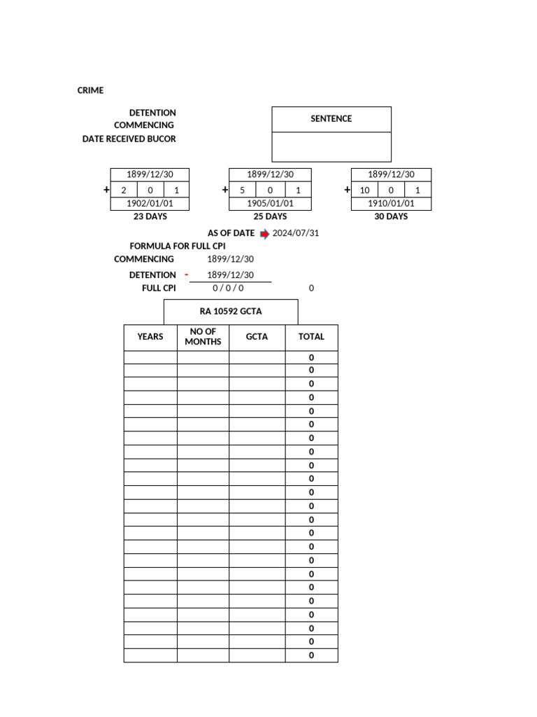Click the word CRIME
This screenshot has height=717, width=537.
coord(90,90)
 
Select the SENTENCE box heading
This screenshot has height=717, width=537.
coord(331,119)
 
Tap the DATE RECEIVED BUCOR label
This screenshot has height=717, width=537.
coord(129,139)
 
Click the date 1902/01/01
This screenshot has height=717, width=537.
coord(150,204)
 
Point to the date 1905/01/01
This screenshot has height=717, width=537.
coord(270,204)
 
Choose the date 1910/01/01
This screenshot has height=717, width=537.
coord(391,204)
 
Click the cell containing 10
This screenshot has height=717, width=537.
coord(364,190)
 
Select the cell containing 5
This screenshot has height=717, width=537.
coord(243,190)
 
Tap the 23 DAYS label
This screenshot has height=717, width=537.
coord(150,216)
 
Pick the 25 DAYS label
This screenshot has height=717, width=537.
coord(270,216)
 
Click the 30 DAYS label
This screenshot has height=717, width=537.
coord(391,216)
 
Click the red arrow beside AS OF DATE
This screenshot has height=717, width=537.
coord(264,234)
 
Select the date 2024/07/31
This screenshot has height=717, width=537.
coord(296,233)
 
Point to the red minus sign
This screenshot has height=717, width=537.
coord(186,274)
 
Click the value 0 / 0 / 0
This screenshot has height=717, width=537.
coord(229,288)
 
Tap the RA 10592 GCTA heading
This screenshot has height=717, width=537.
coord(231,312)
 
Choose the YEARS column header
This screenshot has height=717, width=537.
coord(150,337)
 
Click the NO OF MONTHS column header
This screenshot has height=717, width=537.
coord(203,337)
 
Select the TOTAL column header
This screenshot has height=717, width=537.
coord(311,337)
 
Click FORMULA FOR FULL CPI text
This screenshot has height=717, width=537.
coord(178,246)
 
